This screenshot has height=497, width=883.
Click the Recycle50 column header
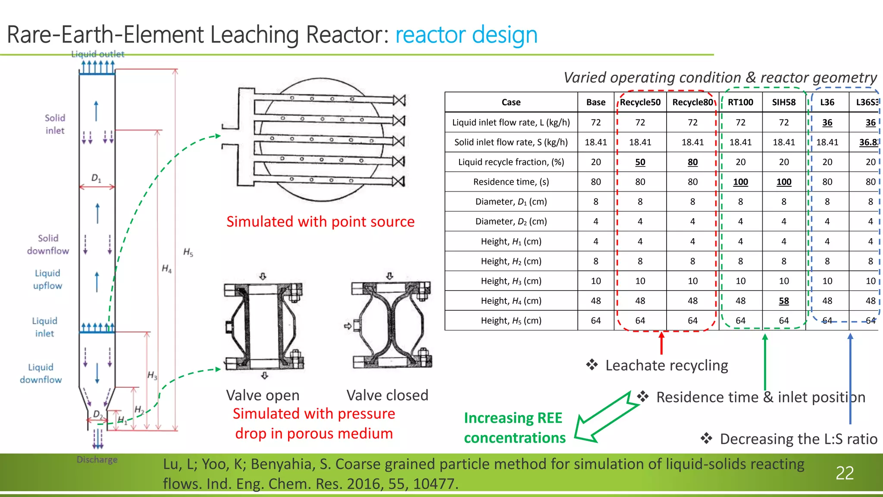coord(640,102)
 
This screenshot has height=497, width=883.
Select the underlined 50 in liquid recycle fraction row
coord(640,162)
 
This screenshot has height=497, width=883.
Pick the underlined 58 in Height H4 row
coord(784,301)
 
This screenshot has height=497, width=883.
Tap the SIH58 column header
coord(784,102)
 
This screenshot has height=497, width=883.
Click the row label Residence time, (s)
coord(511,182)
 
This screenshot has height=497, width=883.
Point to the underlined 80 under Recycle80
coord(692,162)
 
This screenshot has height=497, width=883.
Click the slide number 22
coord(844,473)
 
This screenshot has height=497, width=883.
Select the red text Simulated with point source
coord(320,222)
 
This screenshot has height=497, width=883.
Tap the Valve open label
coord(263,395)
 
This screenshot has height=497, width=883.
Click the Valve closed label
coord(387,395)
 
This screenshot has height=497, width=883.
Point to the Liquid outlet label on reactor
coord(98,54)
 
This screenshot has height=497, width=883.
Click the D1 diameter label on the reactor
coord(96,178)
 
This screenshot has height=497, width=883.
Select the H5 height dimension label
coord(188,252)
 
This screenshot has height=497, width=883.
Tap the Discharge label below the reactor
coord(97,459)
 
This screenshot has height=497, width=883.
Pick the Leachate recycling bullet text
coord(667,365)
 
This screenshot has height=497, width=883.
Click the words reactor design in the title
coord(466,35)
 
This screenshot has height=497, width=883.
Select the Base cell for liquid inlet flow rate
coord(595,123)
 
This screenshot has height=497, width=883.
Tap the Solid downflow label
coord(48,245)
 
